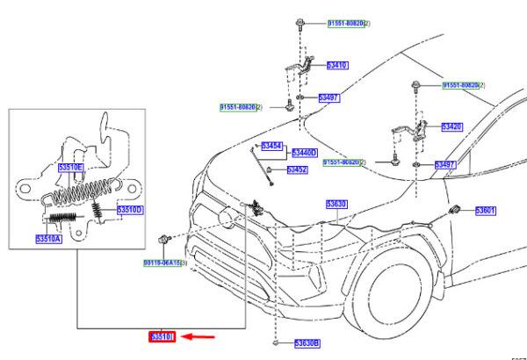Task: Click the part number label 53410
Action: pos(337,65)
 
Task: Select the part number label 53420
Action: pos(451,126)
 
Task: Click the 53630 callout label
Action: pos(337,204)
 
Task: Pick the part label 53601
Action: pos(486,211)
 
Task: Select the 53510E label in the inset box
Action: pos(70,167)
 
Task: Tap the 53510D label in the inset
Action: pos(131,210)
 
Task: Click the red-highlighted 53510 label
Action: pos(162,336)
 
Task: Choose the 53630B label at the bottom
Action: pos(307,342)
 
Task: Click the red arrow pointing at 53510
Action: pos(201,335)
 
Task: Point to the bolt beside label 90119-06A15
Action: pos(164,238)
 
